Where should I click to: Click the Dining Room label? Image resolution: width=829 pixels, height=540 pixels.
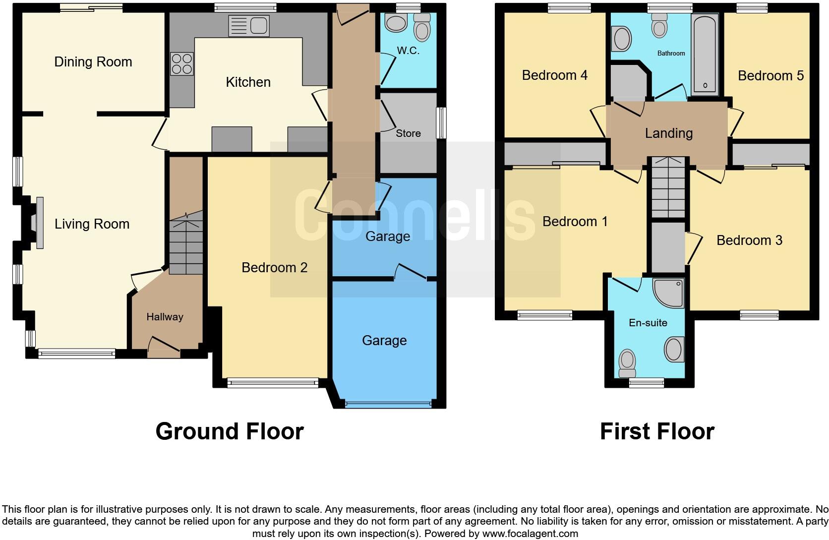pos(93,62)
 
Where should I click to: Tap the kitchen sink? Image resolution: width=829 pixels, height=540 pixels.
pos(249,26)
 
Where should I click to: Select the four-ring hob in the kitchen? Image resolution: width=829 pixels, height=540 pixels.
pos(182,63)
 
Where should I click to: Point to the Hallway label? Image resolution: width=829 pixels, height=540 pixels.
pos(165,317)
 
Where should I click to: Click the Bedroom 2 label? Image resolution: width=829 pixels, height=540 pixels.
pos(274,268)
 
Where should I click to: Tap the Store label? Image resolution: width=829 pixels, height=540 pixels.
pos(408,133)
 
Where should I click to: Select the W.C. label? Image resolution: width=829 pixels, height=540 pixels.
pos(408,51)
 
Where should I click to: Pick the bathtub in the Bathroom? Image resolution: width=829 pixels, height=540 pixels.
pos(705,54)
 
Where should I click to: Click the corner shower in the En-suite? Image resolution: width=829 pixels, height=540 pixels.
pos(669,293)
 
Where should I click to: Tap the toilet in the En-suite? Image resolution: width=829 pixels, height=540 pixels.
pos(627,363)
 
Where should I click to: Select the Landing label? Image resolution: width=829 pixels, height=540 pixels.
pos(668,133)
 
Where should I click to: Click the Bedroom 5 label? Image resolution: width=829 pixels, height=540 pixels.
pos(770,76)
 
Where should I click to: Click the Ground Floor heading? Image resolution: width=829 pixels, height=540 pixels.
pos(230,431)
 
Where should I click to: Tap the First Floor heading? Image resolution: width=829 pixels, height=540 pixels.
pos(657,431)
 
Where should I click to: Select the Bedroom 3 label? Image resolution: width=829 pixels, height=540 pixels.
pos(749,240)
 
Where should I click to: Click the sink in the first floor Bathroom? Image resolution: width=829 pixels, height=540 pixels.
pos(622,39)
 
